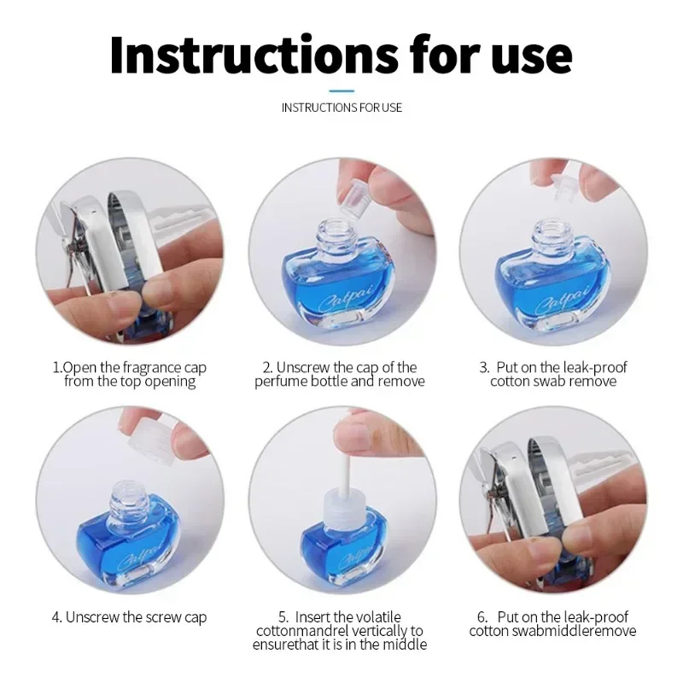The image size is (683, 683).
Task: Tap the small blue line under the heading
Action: (x=341, y=89)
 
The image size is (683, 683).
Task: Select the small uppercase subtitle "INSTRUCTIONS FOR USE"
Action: (x=341, y=108)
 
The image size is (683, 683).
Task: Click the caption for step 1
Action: (x=130, y=374)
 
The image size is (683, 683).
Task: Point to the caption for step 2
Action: (x=340, y=374)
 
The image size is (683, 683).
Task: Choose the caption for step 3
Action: (x=553, y=374)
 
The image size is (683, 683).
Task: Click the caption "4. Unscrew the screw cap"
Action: (x=130, y=616)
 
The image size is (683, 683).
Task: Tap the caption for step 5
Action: (x=340, y=630)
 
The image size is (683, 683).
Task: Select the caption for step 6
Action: (x=553, y=623)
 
